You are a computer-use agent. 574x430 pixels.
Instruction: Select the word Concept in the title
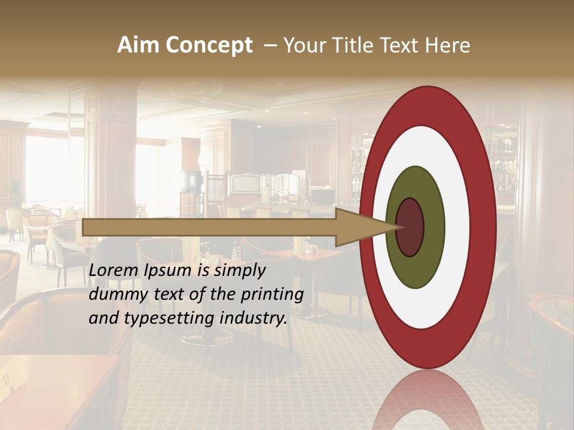(x=209, y=46)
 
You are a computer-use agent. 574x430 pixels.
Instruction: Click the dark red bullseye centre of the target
(x=411, y=228)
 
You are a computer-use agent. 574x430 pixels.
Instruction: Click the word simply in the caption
(x=239, y=271)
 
